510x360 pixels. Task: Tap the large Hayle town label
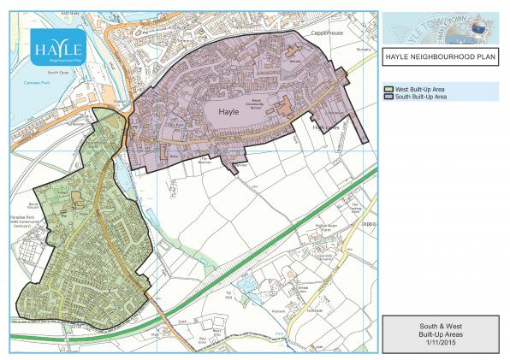pyautogui.click(x=228, y=111)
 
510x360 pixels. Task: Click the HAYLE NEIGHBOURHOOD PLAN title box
pyautogui.click(x=441, y=57)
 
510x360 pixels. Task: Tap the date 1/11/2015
pyautogui.click(x=440, y=341)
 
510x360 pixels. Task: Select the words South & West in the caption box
pyautogui.click(x=440, y=325)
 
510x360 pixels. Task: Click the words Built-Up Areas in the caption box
pyautogui.click(x=440, y=333)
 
